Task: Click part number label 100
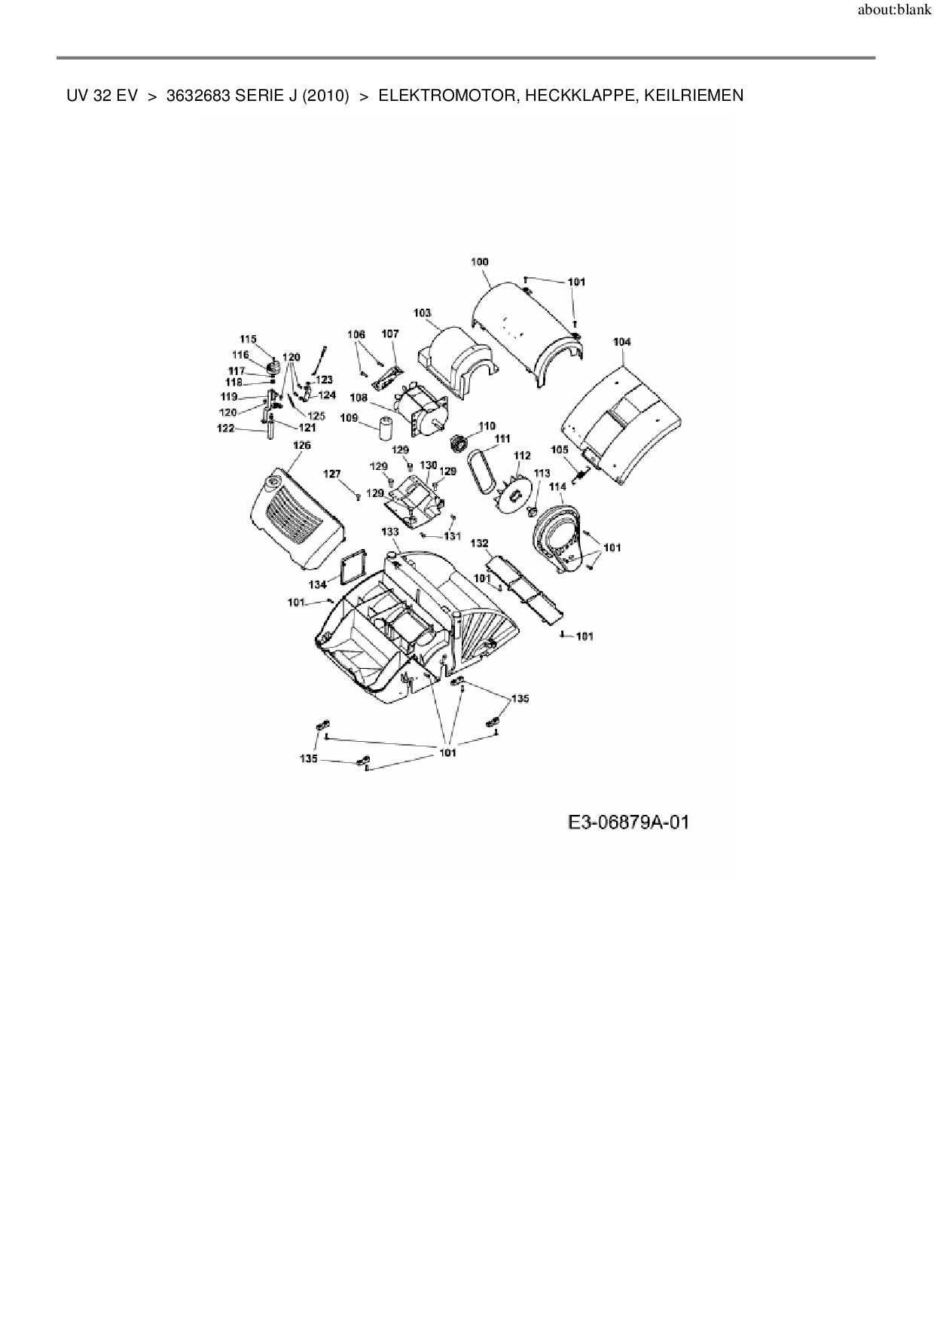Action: point(479,262)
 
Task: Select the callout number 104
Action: point(621,342)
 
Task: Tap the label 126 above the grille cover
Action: point(301,445)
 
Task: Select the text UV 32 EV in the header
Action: point(102,96)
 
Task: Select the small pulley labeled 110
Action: point(456,443)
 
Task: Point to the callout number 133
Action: point(389,532)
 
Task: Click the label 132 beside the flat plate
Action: point(479,543)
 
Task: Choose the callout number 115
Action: point(249,339)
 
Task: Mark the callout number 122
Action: point(225,429)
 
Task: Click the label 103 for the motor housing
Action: point(422,313)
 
